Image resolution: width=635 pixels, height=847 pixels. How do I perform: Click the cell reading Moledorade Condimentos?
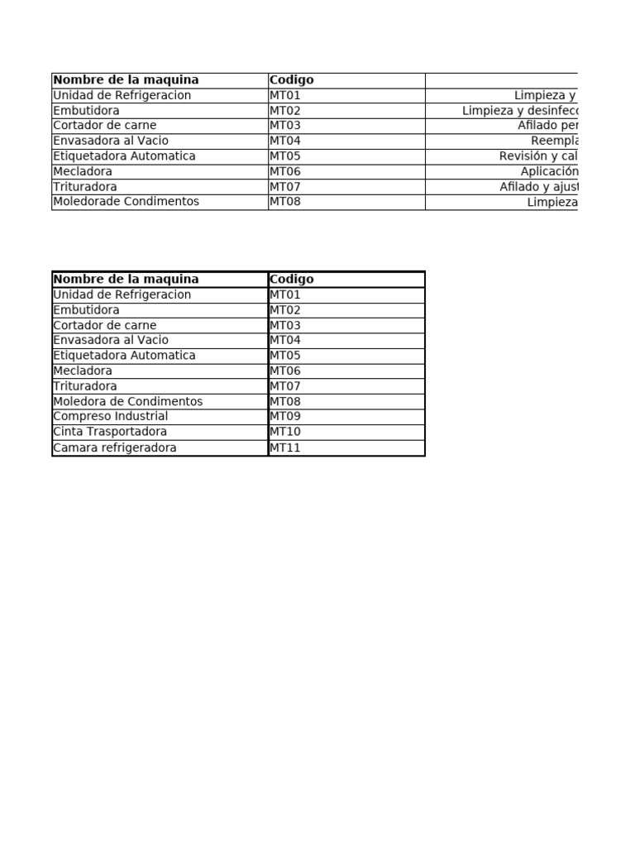[x=126, y=202]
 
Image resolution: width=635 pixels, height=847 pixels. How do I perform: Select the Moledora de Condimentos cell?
[x=127, y=401]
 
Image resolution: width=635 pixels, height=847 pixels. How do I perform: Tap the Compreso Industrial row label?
[x=110, y=416]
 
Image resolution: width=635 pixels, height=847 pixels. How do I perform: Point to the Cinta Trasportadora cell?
[x=110, y=432]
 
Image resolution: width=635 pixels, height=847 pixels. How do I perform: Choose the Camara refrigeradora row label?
[x=114, y=447]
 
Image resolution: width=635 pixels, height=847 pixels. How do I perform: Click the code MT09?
[x=285, y=416]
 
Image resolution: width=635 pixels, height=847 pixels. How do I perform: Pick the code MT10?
[x=285, y=432]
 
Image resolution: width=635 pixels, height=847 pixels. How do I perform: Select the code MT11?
[x=285, y=447]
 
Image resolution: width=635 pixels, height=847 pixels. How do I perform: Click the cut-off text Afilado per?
[x=547, y=126]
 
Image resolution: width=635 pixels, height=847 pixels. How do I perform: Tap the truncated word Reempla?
[x=554, y=141]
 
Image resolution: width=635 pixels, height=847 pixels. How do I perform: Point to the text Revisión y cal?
[x=537, y=156]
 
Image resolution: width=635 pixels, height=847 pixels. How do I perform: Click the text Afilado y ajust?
[x=537, y=187]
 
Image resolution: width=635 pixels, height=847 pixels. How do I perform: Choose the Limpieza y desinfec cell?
[x=520, y=111]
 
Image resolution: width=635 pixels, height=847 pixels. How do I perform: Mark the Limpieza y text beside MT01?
[x=545, y=95]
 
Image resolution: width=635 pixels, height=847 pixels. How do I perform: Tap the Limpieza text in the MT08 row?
[x=551, y=202]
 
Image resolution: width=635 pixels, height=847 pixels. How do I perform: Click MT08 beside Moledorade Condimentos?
[x=285, y=202]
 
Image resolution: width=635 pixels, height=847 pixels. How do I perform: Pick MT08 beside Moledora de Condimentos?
[x=285, y=401]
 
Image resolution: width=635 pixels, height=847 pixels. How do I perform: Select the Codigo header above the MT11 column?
[x=292, y=280]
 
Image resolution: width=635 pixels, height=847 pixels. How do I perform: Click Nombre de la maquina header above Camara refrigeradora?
[x=126, y=280]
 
